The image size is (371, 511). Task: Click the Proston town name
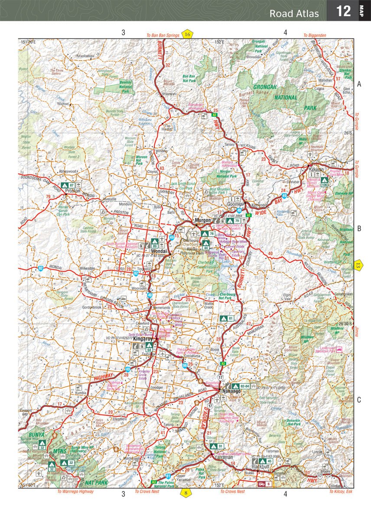(x=72, y=190)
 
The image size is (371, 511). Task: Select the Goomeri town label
(x=236, y=204)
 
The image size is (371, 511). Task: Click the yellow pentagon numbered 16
(x=187, y=35)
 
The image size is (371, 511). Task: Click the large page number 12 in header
(x=343, y=11)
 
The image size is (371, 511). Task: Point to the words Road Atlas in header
(x=294, y=13)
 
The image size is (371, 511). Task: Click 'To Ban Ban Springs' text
(x=163, y=35)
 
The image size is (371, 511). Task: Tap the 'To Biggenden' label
(x=314, y=35)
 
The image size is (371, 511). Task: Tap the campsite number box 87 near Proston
(x=72, y=185)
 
